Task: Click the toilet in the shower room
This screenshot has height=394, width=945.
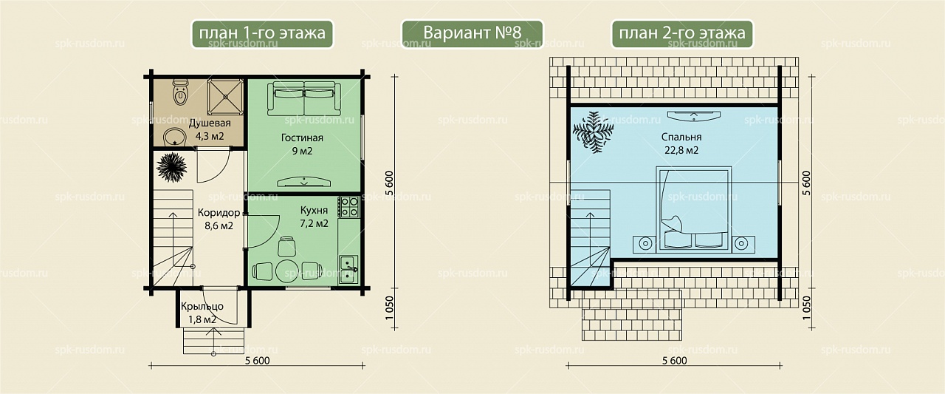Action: pos(181,93)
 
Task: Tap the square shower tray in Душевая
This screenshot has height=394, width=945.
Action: pos(225,97)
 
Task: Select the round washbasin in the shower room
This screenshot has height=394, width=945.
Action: pos(175,137)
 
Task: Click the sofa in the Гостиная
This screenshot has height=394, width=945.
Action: pos(303,98)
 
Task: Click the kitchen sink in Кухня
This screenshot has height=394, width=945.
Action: pos(349,269)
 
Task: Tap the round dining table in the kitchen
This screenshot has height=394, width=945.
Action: pos(287,271)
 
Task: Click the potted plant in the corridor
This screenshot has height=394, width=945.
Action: pos(171,167)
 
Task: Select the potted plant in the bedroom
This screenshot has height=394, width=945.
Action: pos(593,132)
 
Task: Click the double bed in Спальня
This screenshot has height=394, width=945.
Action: pos(693,209)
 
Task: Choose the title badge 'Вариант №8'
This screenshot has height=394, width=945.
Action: pos(472,33)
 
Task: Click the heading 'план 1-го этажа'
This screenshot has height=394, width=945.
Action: pos(262,33)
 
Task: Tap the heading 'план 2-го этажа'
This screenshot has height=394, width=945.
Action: pos(682,33)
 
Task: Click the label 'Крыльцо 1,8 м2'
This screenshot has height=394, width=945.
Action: pos(202,313)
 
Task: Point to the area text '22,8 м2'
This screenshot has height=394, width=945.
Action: pos(681,150)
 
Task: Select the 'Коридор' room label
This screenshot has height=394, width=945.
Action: pos(219,212)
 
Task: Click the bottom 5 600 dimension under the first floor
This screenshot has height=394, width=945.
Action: pos(257,361)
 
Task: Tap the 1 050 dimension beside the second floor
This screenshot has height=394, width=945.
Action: pos(806,308)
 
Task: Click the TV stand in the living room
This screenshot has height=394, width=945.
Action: pos(303,182)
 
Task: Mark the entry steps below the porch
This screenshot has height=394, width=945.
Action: pos(213,341)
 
